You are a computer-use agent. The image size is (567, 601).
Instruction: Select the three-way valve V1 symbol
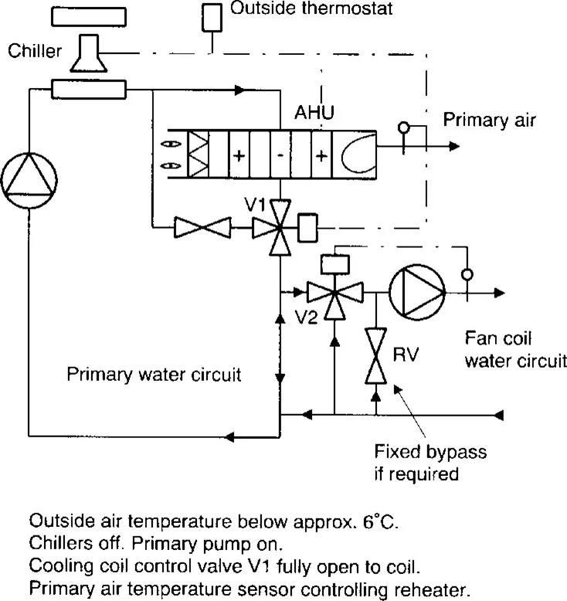280,227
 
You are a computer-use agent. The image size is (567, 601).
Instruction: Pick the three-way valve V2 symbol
333,294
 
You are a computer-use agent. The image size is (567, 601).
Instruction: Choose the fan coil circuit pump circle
417,294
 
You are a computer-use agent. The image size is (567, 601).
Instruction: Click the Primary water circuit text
154,376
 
